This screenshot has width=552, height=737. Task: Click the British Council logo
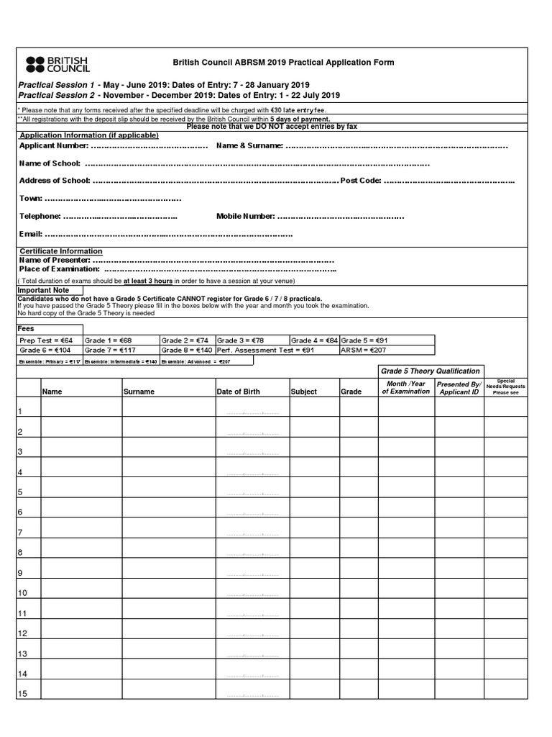[57, 64]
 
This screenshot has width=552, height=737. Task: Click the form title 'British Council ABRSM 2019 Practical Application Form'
[283, 63]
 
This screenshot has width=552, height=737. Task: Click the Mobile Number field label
[245, 216]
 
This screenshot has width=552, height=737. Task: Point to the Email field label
[30, 234]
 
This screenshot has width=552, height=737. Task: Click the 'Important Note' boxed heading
[44, 290]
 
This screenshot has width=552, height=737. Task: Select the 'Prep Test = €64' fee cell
[47, 340]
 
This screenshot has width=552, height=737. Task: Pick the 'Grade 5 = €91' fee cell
[365, 340]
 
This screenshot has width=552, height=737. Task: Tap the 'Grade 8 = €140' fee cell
[187, 350]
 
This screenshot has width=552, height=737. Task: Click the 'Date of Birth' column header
[239, 392]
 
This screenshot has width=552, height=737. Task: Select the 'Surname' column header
[139, 392]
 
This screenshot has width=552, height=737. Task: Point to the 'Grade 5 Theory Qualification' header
[430, 371]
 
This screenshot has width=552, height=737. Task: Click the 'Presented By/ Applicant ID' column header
[459, 389]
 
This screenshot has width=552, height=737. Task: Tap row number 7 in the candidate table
[21, 533]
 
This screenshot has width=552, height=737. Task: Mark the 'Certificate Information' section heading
[60, 251]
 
